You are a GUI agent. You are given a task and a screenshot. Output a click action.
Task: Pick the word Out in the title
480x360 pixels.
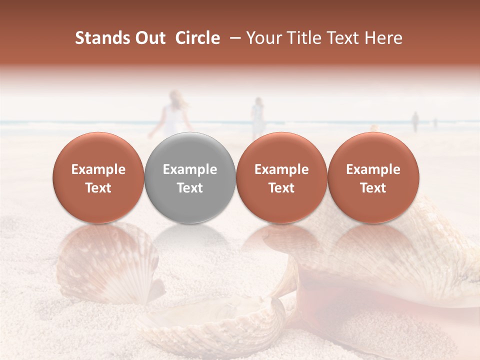pyautogui.click(x=149, y=38)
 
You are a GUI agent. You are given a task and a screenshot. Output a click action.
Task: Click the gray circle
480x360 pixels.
pyautogui.click(x=190, y=177)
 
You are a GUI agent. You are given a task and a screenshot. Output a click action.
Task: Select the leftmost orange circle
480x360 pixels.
pyautogui.click(x=98, y=177)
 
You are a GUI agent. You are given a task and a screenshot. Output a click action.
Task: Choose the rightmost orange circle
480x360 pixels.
pyautogui.click(x=373, y=177)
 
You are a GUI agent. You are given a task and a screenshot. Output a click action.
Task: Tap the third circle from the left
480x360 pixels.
pyautogui.click(x=281, y=177)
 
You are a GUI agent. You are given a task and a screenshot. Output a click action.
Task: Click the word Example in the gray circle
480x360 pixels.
pyautogui.click(x=190, y=169)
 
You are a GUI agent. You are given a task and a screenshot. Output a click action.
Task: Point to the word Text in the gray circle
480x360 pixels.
pyautogui.click(x=190, y=188)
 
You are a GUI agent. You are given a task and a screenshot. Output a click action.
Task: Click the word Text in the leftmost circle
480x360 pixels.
pyautogui.click(x=98, y=188)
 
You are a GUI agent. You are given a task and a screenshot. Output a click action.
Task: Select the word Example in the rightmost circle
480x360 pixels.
pyautogui.click(x=373, y=169)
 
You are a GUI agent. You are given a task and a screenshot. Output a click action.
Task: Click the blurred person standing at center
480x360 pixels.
pyautogui.click(x=257, y=117)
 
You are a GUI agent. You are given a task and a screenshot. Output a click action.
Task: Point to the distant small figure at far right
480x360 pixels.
pyautogui.click(x=414, y=121)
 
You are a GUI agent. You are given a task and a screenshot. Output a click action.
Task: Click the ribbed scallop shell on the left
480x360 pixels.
pyautogui.click(x=107, y=262)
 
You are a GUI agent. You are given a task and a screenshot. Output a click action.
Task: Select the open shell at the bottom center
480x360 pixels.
pyautogui.click(x=215, y=320)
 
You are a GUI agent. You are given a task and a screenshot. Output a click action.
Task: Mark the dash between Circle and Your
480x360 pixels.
pyautogui.click(x=233, y=38)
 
